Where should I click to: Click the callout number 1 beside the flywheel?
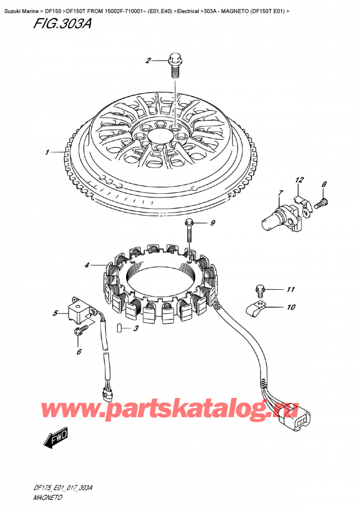click(x=46, y=153)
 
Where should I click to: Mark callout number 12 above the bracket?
click(x=299, y=180)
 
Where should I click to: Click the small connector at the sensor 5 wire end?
click(x=107, y=394)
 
